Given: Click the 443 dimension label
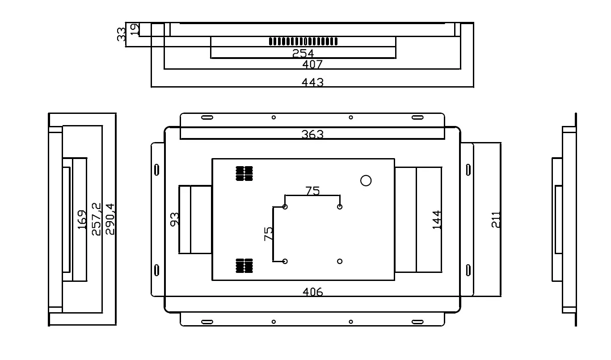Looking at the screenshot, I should pyautogui.click(x=312, y=82).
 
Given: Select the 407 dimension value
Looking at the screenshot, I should pyautogui.click(x=312, y=64).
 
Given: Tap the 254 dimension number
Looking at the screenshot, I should pyautogui.click(x=303, y=54).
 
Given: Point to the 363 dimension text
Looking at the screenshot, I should pyautogui.click(x=312, y=134).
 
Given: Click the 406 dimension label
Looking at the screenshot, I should pyautogui.click(x=312, y=292).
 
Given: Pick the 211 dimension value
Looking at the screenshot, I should pyautogui.click(x=496, y=220).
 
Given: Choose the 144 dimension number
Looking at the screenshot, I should pyautogui.click(x=437, y=220).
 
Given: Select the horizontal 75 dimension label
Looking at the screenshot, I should pyautogui.click(x=312, y=191).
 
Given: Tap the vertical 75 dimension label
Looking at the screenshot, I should pyautogui.click(x=269, y=234).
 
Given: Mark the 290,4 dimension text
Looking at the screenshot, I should pyautogui.click(x=110, y=219).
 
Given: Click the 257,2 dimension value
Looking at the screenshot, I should pyautogui.click(x=96, y=219).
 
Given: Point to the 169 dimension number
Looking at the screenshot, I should pyautogui.click(x=82, y=220).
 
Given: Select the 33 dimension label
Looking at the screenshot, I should pyautogui.click(x=121, y=34).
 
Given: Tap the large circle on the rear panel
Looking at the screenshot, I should pyautogui.click(x=366, y=180).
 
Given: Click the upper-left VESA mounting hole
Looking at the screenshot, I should pyautogui.click(x=285, y=207).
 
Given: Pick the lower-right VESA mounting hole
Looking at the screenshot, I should pyautogui.click(x=340, y=261).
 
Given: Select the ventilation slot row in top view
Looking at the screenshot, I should pyautogui.click(x=303, y=41).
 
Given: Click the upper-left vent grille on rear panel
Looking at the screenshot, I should pyautogui.click(x=244, y=173).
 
